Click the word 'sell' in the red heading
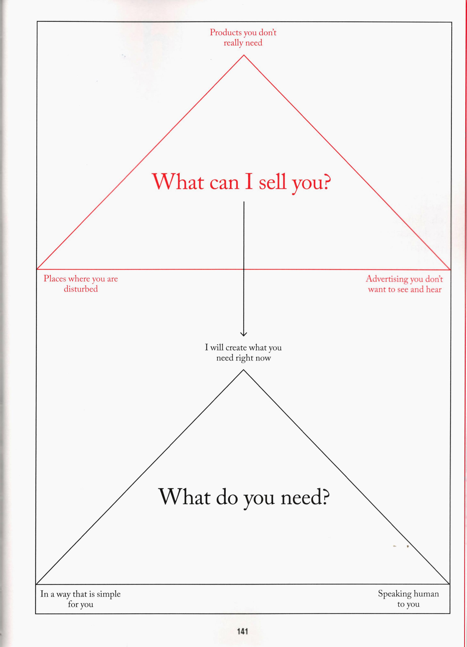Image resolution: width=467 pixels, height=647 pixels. [x=272, y=182]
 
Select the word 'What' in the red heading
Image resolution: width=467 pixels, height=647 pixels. [x=178, y=181]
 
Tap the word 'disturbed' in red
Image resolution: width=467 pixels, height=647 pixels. [x=81, y=289]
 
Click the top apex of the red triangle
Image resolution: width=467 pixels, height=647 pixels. [x=244, y=55]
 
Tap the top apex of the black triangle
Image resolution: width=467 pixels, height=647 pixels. [x=243, y=370]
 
